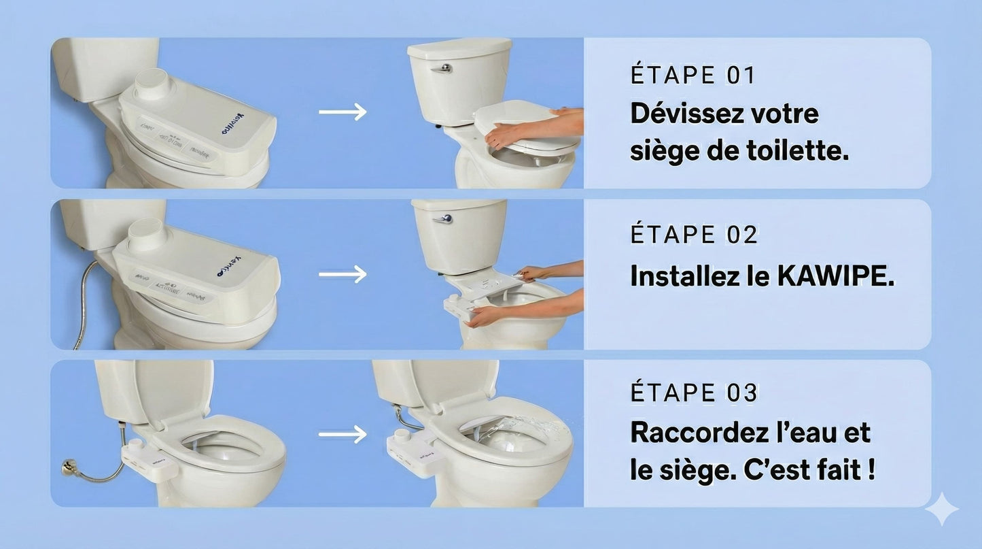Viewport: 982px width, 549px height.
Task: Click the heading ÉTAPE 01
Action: pyautogui.click(x=692, y=75)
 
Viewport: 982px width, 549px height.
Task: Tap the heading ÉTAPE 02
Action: pyautogui.click(x=693, y=235)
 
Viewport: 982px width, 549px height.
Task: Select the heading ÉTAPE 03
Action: pyautogui.click(x=693, y=393)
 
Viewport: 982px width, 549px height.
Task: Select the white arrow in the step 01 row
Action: pyautogui.click(x=343, y=112)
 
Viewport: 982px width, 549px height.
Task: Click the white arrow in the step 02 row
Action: pyautogui.click(x=343, y=274)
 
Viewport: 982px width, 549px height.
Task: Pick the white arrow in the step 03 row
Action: pyautogui.click(x=343, y=433)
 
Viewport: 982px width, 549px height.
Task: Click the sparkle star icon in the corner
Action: pyautogui.click(x=942, y=510)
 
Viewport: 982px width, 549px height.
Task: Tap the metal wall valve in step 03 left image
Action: pyautogui.click(x=69, y=467)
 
